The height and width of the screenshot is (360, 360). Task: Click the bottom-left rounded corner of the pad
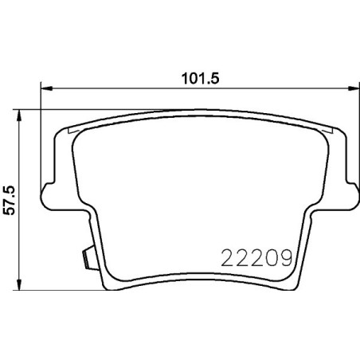pyautogui.click(x=106, y=282)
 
